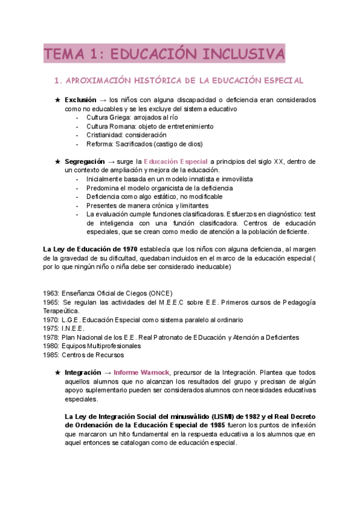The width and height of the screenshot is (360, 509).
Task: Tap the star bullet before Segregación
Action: coord(58,161)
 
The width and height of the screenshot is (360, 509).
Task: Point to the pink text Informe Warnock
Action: coord(142,372)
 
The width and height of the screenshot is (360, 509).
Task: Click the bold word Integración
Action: coord(83,372)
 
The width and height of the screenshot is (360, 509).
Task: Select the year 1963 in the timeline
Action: coord(52,293)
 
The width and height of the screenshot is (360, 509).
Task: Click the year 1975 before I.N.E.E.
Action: coord(52,328)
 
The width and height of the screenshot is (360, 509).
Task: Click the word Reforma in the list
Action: coord(99,144)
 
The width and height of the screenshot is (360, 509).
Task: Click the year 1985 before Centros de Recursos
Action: coord(52,355)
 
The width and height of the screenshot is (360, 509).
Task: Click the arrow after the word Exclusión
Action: coord(103,100)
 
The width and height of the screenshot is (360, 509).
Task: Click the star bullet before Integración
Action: coord(58,372)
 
